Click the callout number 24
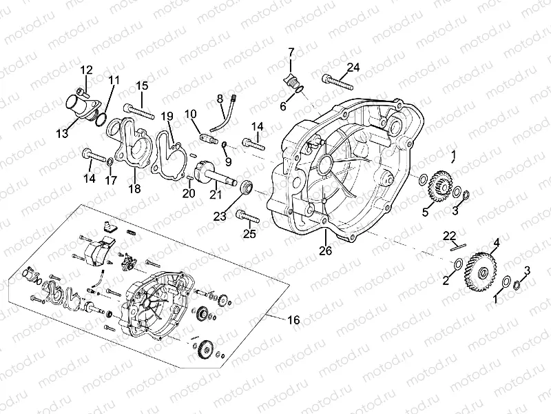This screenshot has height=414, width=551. pyautogui.click(x=353, y=67)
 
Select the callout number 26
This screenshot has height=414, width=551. pyautogui.click(x=325, y=250)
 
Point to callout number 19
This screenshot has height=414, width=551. pyautogui.click(x=167, y=115)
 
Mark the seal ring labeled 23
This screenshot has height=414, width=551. pyautogui.click(x=247, y=186)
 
